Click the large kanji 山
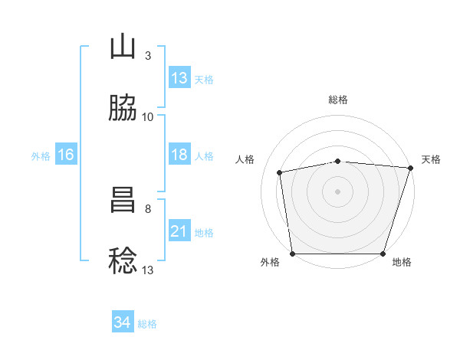click(x=123, y=46)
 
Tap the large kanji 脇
click(x=123, y=107)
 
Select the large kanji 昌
click(x=123, y=200)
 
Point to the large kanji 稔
click(x=123, y=260)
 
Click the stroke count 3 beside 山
click(x=148, y=56)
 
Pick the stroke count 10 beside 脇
click(x=147, y=117)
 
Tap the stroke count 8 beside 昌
click(x=148, y=209)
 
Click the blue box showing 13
click(x=180, y=77)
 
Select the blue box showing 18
click(x=180, y=154)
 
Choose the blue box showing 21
click(x=180, y=230)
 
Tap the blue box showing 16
click(x=66, y=154)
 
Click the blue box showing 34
click(x=123, y=321)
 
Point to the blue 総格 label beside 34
click(x=147, y=324)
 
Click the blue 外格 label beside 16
click(x=41, y=156)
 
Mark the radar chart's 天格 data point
click(x=411, y=168)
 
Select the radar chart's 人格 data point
click(x=279, y=172)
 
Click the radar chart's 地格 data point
click(x=383, y=254)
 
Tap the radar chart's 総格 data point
click(x=338, y=162)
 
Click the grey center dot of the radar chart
click(x=337, y=191)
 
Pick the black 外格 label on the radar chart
click(x=270, y=262)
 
